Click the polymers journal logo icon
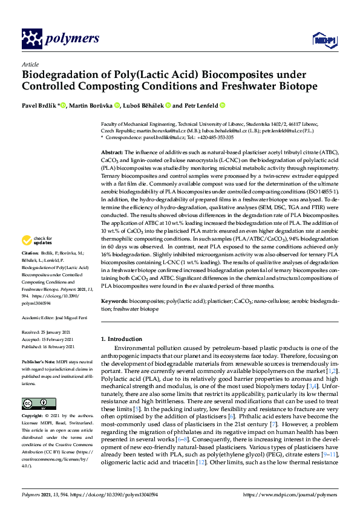coord(30,39)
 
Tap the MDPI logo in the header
coord(326,39)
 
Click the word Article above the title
coord(30,63)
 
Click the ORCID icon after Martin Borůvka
coord(117,106)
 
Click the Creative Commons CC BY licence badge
coord(35,387)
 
